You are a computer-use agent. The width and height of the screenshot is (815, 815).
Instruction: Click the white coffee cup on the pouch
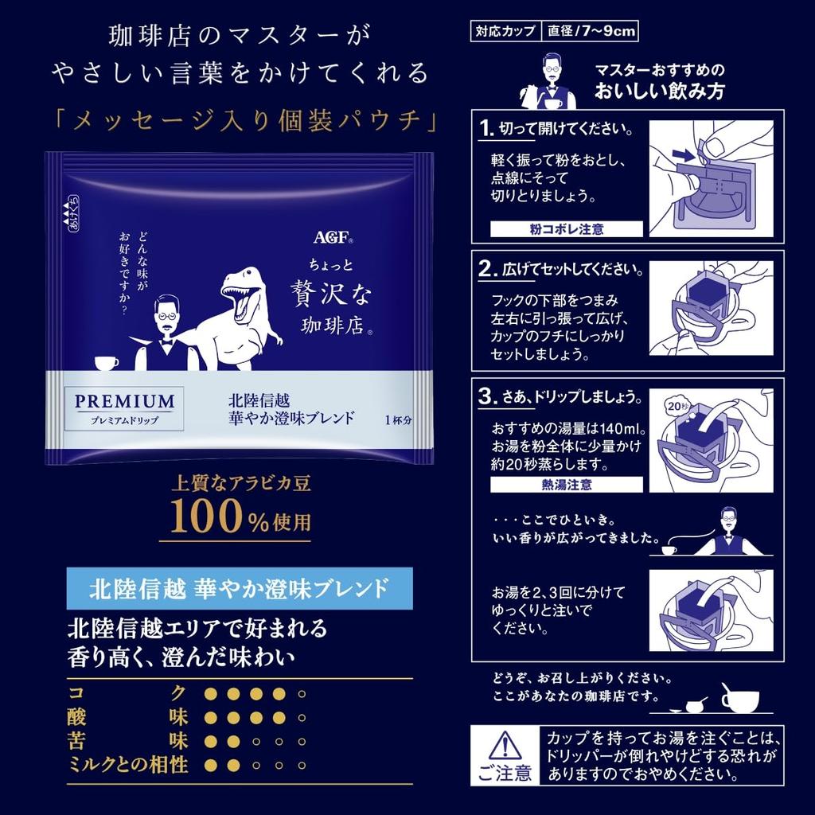(x=106, y=362)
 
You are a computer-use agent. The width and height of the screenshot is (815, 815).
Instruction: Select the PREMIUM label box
(x=124, y=407)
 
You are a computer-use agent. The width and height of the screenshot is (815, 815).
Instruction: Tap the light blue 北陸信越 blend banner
(x=239, y=588)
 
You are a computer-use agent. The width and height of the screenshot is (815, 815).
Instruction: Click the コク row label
(x=127, y=693)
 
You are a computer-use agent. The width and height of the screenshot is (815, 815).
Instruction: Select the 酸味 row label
(x=127, y=717)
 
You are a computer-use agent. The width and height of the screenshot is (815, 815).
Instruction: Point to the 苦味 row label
(x=127, y=742)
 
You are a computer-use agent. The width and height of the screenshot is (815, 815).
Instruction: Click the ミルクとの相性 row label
(x=127, y=766)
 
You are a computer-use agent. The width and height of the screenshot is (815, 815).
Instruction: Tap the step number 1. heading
(x=487, y=130)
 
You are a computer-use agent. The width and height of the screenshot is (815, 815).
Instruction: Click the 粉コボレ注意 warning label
(x=566, y=229)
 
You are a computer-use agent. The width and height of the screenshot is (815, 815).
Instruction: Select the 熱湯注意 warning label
(x=566, y=484)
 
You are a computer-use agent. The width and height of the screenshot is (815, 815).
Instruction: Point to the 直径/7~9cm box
(x=591, y=33)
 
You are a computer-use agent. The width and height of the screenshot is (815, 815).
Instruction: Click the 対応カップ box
(x=506, y=33)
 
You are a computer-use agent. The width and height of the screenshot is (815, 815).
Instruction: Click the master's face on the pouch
(x=166, y=313)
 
